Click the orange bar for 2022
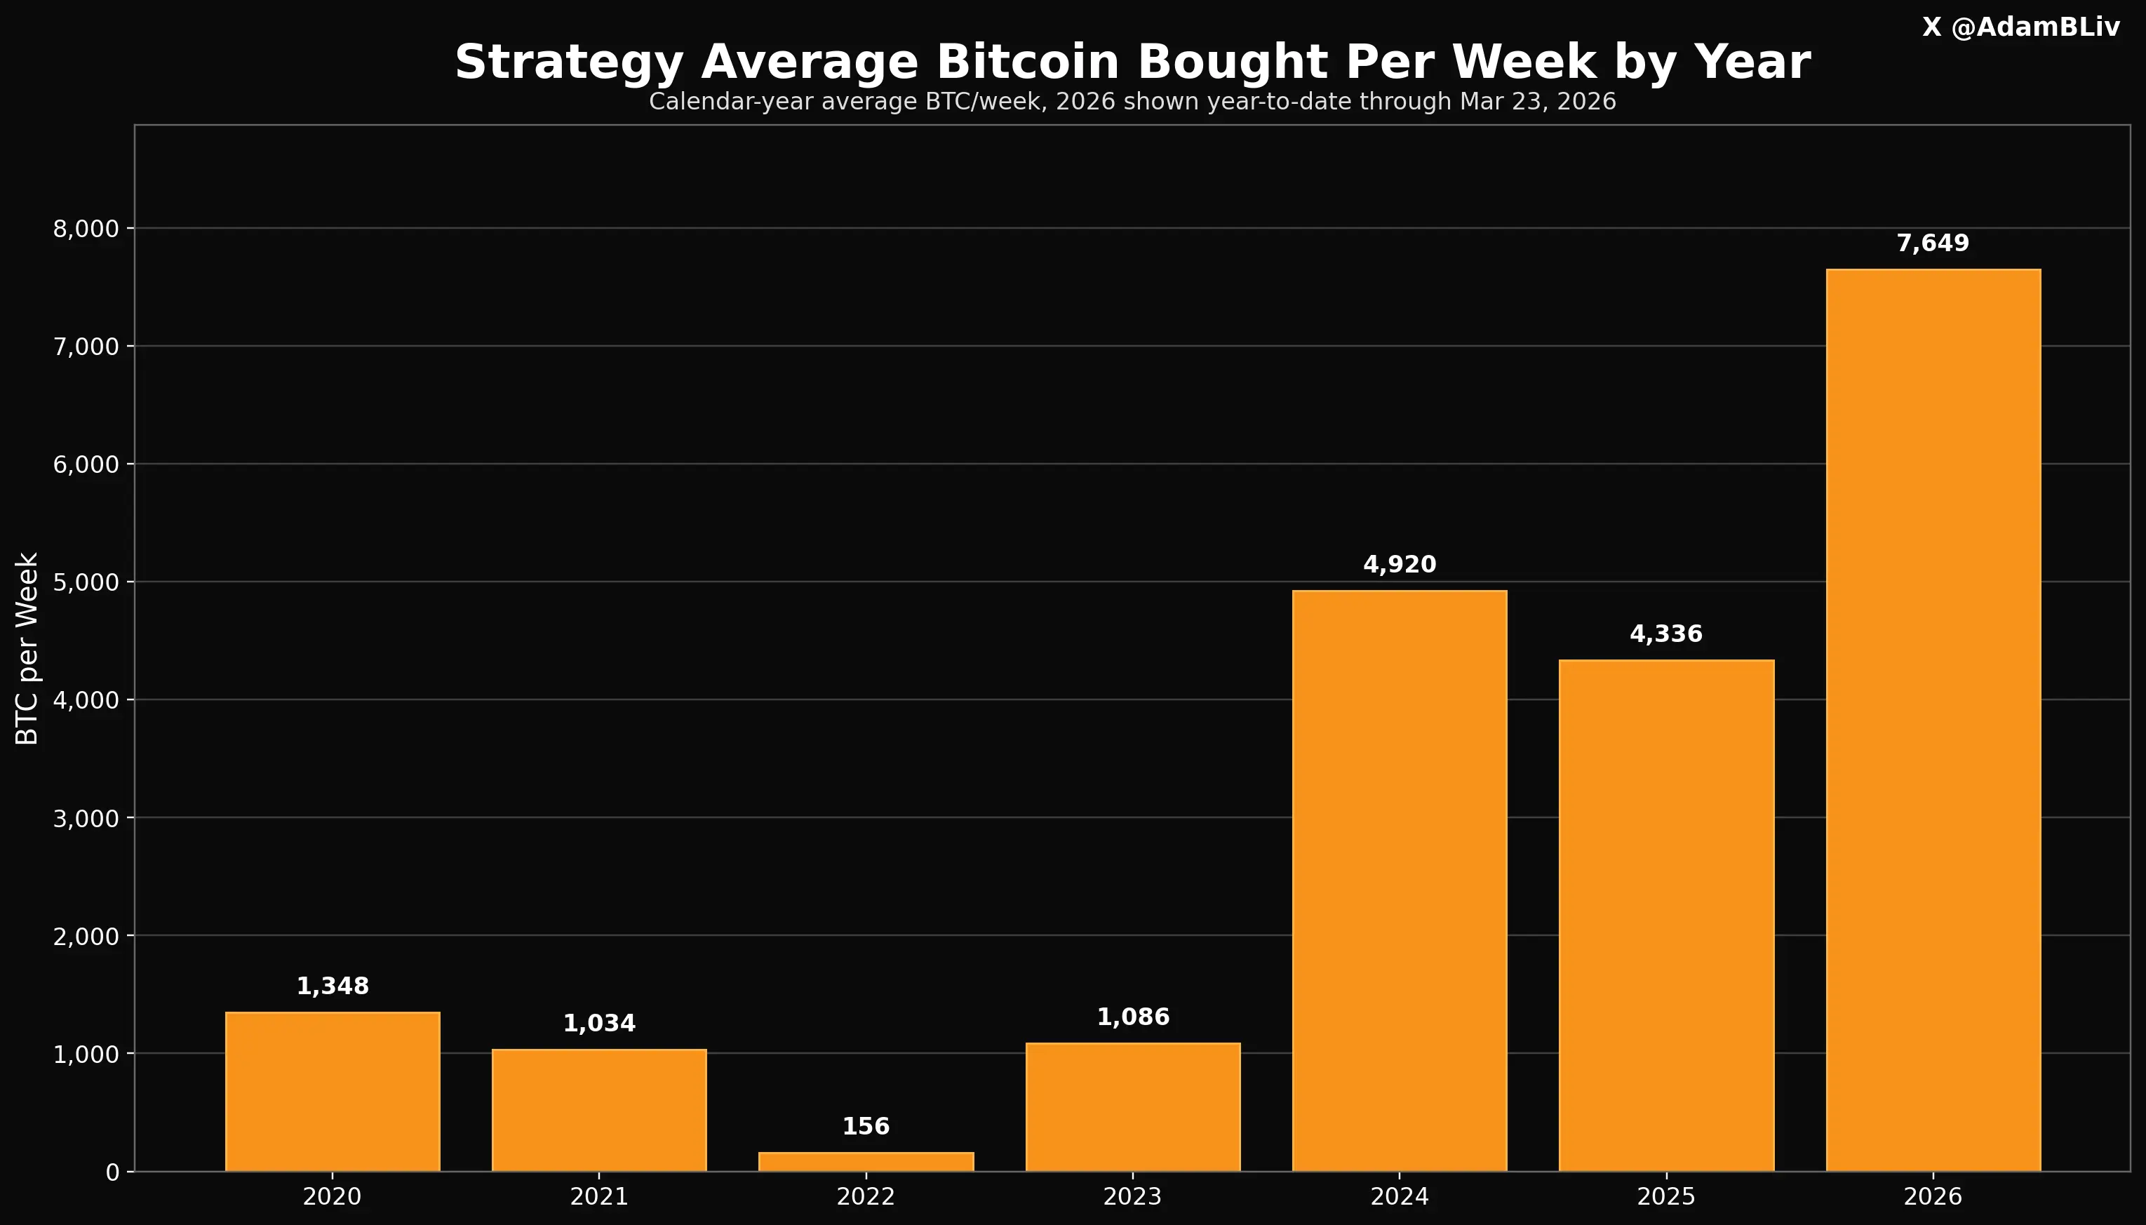(x=866, y=1162)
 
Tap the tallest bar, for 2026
(x=1933, y=719)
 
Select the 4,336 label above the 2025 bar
(x=1665, y=634)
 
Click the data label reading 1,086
(x=1133, y=1017)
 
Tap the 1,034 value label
(x=599, y=1023)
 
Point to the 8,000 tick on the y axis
(x=87, y=229)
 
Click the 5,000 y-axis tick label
(x=87, y=582)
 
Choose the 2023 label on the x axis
(x=1132, y=1196)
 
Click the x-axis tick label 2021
(x=599, y=1196)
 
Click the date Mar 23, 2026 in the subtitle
(x=1537, y=102)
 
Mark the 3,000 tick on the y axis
(x=87, y=818)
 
